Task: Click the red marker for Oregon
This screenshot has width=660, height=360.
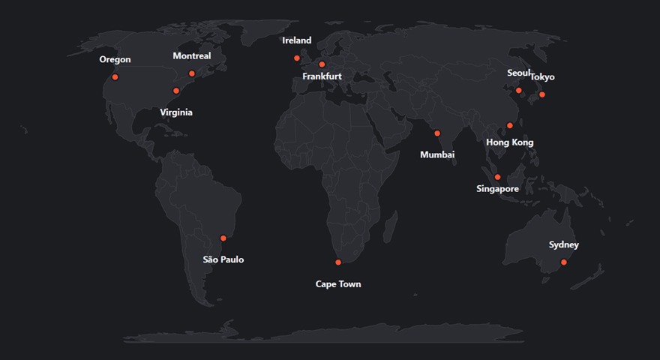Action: point(115,77)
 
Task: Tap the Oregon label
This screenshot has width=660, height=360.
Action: point(115,60)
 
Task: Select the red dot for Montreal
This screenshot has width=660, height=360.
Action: point(192,73)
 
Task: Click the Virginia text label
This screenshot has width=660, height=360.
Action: point(176,112)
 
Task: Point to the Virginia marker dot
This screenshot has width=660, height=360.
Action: point(176,91)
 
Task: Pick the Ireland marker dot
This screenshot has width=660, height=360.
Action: point(297,58)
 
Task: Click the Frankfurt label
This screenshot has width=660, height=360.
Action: point(322,76)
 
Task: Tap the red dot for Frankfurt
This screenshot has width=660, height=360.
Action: point(322,64)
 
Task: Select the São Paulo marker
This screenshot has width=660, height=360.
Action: point(223,238)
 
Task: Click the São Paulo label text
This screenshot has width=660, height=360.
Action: point(223,259)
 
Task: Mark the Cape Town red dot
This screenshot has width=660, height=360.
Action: point(338,262)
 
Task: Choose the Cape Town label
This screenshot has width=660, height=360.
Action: point(338,284)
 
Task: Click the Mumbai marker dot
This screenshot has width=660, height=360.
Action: point(437,133)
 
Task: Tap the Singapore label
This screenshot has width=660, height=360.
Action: point(497,189)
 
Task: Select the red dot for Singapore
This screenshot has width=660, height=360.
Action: point(497,177)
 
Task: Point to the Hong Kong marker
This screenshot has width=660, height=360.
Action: point(510,125)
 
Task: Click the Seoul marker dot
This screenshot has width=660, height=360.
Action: point(518,91)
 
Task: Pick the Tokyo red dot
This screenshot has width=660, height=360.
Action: point(542,94)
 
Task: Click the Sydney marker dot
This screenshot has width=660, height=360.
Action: point(564,262)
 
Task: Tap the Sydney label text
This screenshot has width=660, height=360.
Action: point(564,245)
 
